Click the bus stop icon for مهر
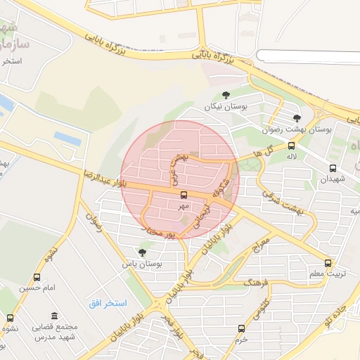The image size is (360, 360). (x=184, y=195)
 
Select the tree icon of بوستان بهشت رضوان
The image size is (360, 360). (x=297, y=117)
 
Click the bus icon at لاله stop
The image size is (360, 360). (x=291, y=146)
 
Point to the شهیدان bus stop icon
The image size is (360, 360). (x=333, y=168)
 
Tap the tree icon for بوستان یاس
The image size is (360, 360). (x=143, y=252)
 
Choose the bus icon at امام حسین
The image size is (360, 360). (x=37, y=277)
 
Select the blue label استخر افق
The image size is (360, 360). (x=107, y=303)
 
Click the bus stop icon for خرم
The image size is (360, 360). (x=242, y=328)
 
